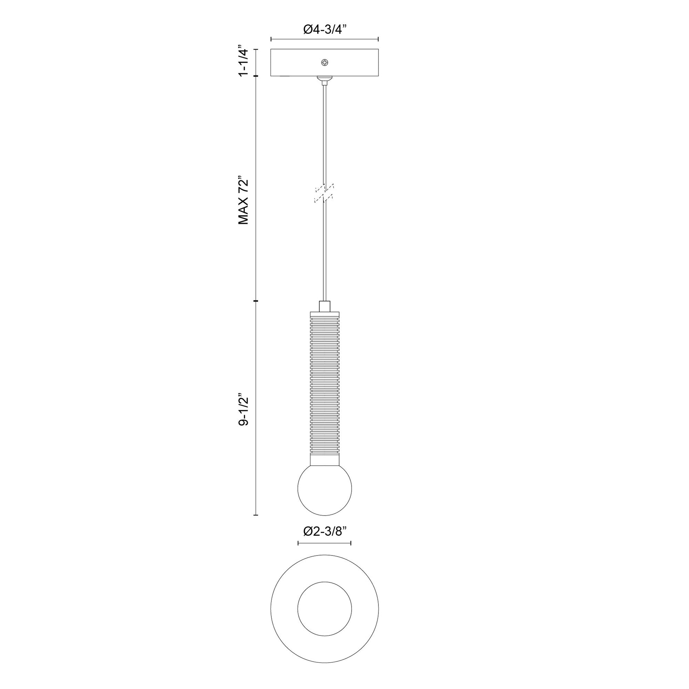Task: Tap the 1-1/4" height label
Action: [243, 61]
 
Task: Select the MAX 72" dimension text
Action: [243, 200]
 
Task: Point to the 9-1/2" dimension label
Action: [243, 409]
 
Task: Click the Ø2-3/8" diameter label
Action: [325, 541]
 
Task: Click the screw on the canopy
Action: [325, 63]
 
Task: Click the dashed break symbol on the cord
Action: [324, 194]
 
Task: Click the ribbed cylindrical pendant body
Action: [325, 385]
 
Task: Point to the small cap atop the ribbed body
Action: [325, 306]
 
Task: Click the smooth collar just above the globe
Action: [325, 460]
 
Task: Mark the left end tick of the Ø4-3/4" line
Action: [272, 39]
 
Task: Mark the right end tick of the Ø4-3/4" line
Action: [378, 39]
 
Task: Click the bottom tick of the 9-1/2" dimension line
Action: [256, 515]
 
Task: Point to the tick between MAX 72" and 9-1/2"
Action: [256, 301]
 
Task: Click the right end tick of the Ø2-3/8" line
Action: [351, 553]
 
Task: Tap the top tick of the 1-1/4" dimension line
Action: [256, 49]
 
